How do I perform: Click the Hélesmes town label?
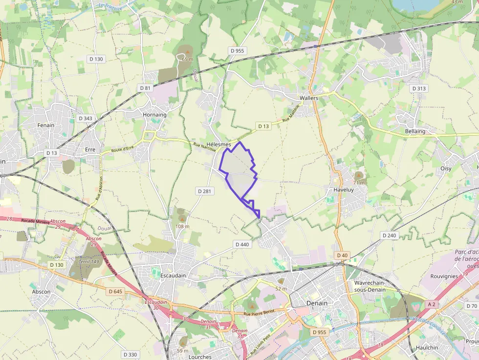(218, 145)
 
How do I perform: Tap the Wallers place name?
(308, 98)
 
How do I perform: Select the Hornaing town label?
(154, 115)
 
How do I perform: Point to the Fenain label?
(46, 125)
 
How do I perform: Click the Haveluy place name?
(343, 190)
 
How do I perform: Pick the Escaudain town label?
(173, 275)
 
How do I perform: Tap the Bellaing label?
(415, 131)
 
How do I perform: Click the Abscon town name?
(41, 292)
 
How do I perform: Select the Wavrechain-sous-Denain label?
(370, 286)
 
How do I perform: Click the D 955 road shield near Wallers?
(237, 51)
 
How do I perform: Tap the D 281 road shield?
(203, 191)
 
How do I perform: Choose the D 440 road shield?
(242, 244)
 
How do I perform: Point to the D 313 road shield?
(418, 88)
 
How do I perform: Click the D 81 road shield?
(145, 88)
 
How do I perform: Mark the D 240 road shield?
(389, 235)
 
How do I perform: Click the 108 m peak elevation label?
(182, 226)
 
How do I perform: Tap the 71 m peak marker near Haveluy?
(359, 175)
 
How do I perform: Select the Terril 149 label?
(88, 261)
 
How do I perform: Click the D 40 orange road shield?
(342, 255)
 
